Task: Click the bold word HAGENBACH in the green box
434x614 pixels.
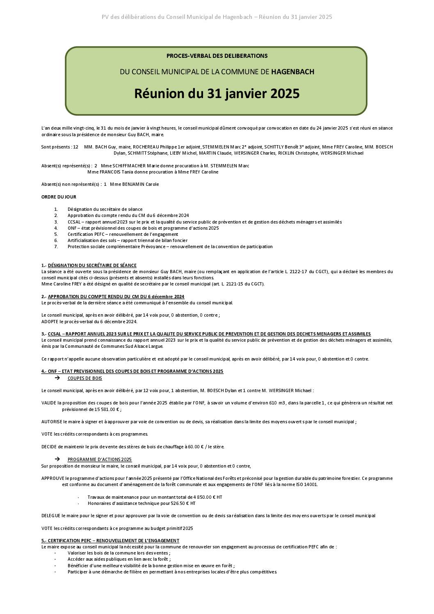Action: tap(292, 72)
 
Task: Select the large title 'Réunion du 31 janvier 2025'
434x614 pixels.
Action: tap(217, 94)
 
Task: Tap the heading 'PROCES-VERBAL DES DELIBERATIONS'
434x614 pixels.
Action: tap(217, 56)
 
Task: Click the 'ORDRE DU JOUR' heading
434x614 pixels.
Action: tap(59, 197)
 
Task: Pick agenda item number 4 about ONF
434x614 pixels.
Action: tap(143, 228)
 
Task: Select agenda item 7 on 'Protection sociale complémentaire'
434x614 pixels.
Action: tap(170, 247)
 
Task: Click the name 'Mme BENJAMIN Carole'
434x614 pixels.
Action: tap(134, 184)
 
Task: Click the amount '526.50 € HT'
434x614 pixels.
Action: tap(183, 503)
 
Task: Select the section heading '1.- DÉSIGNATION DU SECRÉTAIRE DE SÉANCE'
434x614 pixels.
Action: tap(89, 265)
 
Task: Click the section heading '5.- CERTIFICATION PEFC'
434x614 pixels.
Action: tap(110, 541)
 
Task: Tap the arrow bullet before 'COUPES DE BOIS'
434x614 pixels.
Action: tap(57, 378)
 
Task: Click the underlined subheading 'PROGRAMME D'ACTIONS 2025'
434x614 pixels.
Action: tap(100, 459)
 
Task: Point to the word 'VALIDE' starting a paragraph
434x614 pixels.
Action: tap(49, 403)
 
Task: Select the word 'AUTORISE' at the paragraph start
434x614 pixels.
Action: tap(51, 422)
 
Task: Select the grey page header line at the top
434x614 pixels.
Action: tap(217, 17)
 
